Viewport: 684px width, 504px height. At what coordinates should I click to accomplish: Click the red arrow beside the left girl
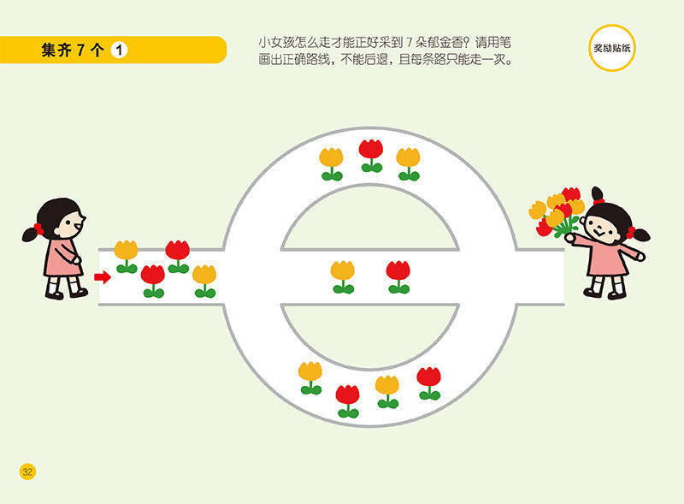103,276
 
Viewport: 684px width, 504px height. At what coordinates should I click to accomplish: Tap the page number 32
27,471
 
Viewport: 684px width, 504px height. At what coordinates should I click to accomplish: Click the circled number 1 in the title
120,50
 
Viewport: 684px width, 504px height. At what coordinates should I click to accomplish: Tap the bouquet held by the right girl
557,210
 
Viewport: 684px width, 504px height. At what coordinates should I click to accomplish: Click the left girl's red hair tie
38,228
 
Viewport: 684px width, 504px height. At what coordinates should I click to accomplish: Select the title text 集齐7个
73,50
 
